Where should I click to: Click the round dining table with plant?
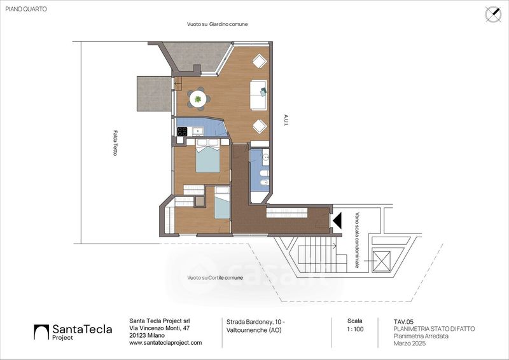tap(198, 99)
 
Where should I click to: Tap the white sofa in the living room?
tap(259, 95)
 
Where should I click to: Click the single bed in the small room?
tap(222, 202)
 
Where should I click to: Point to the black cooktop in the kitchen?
tap(182, 132)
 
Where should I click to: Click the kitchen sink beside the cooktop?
tap(198, 131)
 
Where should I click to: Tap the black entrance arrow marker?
tap(337, 220)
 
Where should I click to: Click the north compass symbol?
tap(493, 14)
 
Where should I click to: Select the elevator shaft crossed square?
tap(381, 260)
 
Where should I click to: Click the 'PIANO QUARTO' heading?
tap(26, 9)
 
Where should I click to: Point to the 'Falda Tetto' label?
tap(115, 143)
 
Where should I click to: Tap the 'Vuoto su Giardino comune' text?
tap(217, 24)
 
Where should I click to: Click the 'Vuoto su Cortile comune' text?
tap(215, 278)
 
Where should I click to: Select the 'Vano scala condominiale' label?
tap(358, 240)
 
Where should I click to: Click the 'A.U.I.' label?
tap(286, 120)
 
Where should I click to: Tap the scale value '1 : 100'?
tap(355, 329)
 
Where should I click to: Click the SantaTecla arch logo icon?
tap(41, 332)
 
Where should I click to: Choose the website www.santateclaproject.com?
tap(165, 342)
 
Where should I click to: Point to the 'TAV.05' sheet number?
tap(403, 322)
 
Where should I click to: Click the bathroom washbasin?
tap(265, 158)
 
